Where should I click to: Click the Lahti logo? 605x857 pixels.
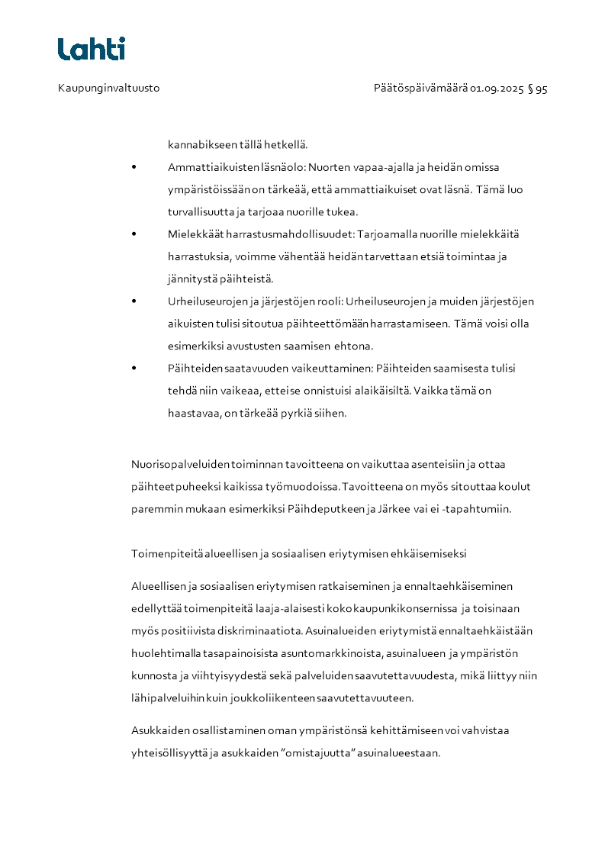pyautogui.click(x=92, y=49)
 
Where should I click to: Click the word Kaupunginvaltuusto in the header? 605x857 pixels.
pyautogui.click(x=108, y=89)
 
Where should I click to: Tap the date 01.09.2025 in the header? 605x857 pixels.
pyautogui.click(x=497, y=89)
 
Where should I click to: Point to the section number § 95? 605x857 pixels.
pyautogui.click(x=538, y=89)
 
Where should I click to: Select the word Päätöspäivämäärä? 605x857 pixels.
pyautogui.click(x=420, y=89)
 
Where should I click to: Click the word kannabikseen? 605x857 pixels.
pyautogui.click(x=200, y=144)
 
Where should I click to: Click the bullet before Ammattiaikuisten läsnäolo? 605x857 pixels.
pyautogui.click(x=134, y=167)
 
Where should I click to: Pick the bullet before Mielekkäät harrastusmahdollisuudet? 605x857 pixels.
pyautogui.click(x=134, y=234)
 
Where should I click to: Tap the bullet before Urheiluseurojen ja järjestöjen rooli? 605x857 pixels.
pyautogui.click(x=134, y=301)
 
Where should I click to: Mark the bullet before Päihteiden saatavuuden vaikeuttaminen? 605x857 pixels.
pyautogui.click(x=134, y=369)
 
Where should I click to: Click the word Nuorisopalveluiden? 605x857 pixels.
pyautogui.click(x=181, y=464)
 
